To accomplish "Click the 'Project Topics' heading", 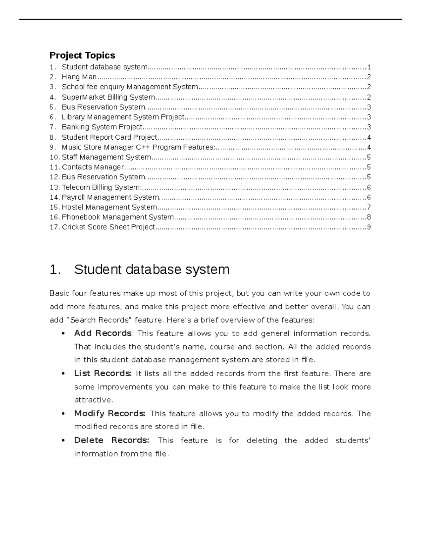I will [x=82, y=55].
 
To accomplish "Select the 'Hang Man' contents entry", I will [x=79, y=77].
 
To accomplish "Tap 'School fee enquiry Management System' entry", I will [x=130, y=87].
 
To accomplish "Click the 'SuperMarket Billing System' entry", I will [x=108, y=97].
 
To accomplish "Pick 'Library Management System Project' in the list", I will [x=123, y=117].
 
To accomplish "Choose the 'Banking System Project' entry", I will [x=102, y=127].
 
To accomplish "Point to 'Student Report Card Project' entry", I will [x=109, y=137].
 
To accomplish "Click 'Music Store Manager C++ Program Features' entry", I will [x=138, y=147].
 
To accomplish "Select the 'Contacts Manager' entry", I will [x=93, y=167].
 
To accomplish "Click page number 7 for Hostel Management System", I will [x=369, y=207].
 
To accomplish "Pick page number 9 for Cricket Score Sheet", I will [x=369, y=227].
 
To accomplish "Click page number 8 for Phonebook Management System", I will [x=369, y=217].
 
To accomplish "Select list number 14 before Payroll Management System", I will [x=54, y=197].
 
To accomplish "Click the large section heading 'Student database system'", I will [x=152, y=270].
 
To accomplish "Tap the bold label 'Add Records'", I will [x=103, y=333].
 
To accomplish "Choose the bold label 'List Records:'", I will [x=103, y=373].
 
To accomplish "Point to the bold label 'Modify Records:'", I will [x=109, y=413].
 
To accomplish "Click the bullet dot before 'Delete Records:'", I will [x=63, y=440].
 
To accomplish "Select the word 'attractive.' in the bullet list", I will [x=93, y=400].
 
